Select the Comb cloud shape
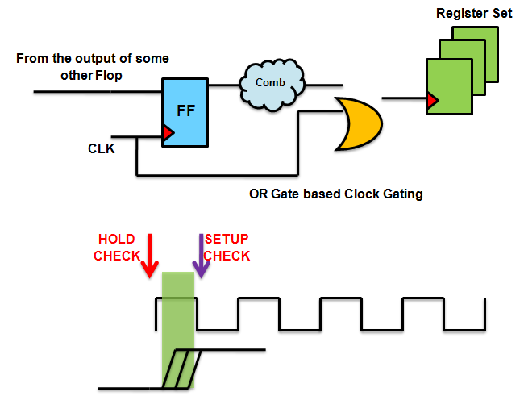pos(270,83)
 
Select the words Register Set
pos(468,14)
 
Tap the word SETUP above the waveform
pos(227,240)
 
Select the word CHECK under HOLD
pos(117,256)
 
